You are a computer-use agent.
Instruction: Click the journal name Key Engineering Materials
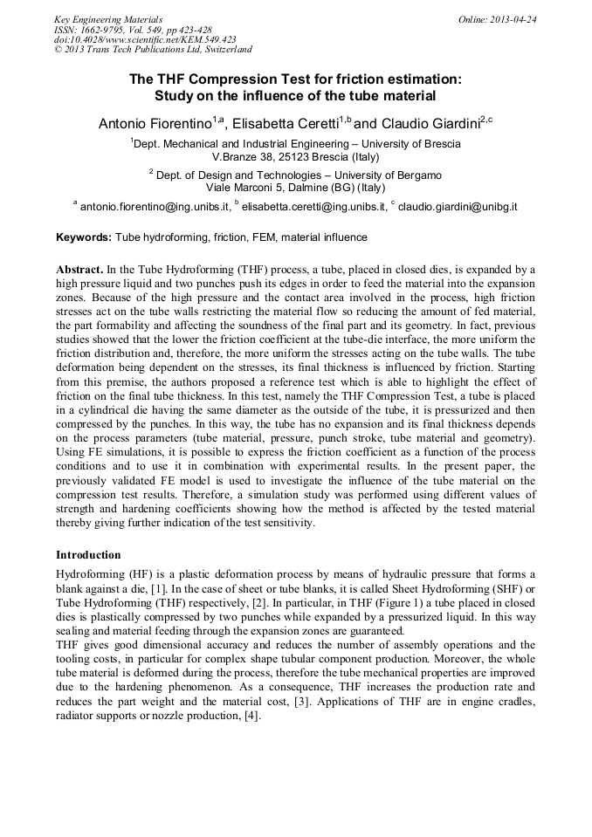coord(108,19)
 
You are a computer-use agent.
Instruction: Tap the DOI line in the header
coord(145,40)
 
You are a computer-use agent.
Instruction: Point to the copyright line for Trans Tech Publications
coord(153,51)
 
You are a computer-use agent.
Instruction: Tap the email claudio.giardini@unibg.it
coord(458,207)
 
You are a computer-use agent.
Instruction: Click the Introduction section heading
coord(88,555)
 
